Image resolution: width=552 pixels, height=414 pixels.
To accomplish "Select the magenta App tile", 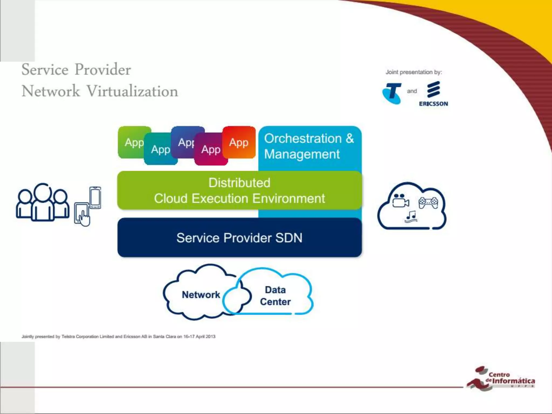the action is pyautogui.click(x=211, y=150).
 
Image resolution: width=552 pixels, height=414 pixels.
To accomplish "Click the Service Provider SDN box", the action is pyautogui.click(x=239, y=238).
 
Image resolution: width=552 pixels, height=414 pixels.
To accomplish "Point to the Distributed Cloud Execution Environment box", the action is pyautogui.click(x=239, y=191).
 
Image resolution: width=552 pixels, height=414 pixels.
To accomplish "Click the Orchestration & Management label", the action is pyautogui.click(x=309, y=146).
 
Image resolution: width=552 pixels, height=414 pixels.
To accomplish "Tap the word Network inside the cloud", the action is pyautogui.click(x=201, y=295).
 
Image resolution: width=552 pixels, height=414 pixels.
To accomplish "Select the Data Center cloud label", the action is pyautogui.click(x=275, y=296).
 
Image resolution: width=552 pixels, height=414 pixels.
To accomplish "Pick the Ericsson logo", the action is pyautogui.click(x=433, y=94).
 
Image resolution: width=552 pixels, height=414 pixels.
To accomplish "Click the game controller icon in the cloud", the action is pyautogui.click(x=428, y=202).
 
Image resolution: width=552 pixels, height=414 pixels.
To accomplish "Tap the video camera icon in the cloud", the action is pyautogui.click(x=401, y=201).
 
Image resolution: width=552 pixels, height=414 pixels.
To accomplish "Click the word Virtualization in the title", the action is pyautogui.click(x=132, y=91).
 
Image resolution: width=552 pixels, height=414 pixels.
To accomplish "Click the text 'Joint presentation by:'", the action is pyautogui.click(x=414, y=72).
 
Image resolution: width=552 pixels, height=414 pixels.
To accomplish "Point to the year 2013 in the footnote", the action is pyautogui.click(x=211, y=336).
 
